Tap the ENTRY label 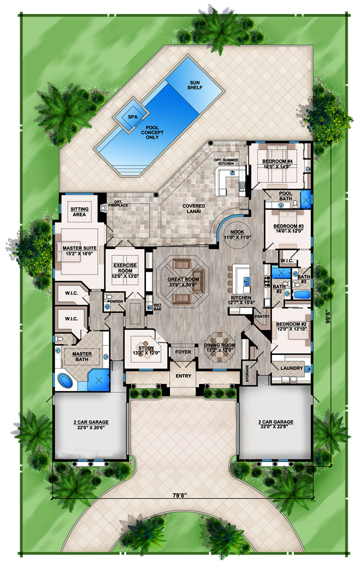click(184, 376)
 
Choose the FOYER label click(183, 352)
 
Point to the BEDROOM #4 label click(279, 162)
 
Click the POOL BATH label click(285, 196)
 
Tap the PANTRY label click(262, 316)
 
